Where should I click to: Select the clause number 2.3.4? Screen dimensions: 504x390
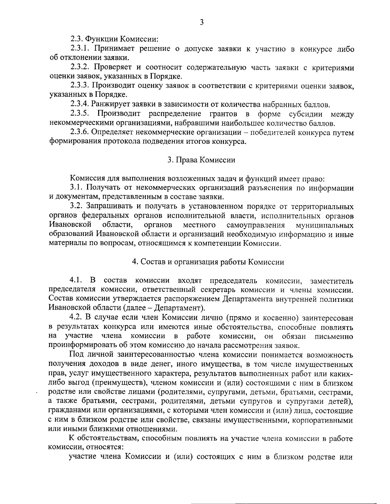pyautogui.click(x=80, y=104)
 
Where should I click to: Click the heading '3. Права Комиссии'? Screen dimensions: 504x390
pyautogui.click(x=201, y=160)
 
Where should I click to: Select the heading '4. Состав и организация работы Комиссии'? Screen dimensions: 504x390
pyautogui.click(x=208, y=262)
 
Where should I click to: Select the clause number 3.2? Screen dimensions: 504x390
pyautogui.click(x=77, y=206)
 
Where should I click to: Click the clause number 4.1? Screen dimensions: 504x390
pyautogui.click(x=77, y=280)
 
